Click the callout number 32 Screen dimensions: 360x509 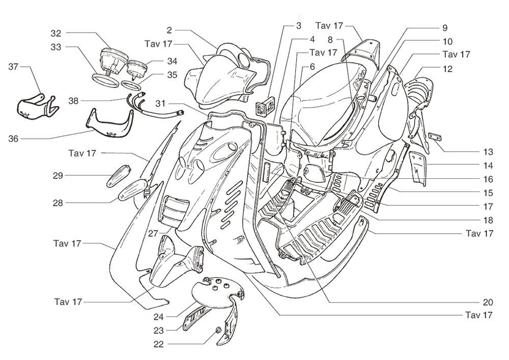(x=55, y=33)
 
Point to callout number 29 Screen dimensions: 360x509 (x=58, y=176)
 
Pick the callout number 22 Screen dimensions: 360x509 (x=159, y=344)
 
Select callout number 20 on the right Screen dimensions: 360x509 (x=488, y=301)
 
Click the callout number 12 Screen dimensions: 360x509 (x=447, y=69)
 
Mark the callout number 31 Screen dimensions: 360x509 (x=161, y=104)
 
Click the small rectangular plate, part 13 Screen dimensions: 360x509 (x=434, y=137)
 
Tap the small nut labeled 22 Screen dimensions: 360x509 (x=218, y=330)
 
